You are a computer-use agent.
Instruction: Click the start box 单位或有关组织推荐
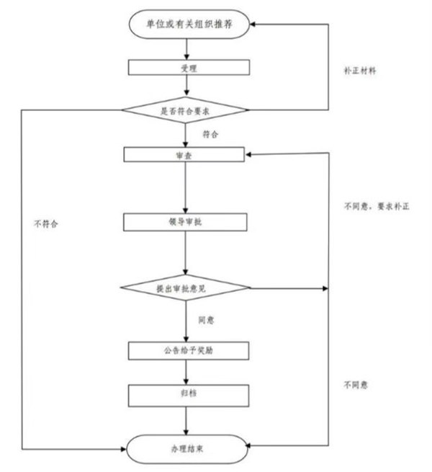189,23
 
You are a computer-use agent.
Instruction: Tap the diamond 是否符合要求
186,110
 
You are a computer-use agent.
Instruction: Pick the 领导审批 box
186,221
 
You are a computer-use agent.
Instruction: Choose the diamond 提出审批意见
186,288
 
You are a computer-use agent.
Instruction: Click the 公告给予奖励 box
189,350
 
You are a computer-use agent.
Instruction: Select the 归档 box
189,395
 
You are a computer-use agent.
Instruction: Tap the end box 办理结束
189,447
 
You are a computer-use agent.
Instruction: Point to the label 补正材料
361,73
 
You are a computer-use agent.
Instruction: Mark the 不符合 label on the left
45,224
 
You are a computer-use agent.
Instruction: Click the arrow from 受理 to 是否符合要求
187,86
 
